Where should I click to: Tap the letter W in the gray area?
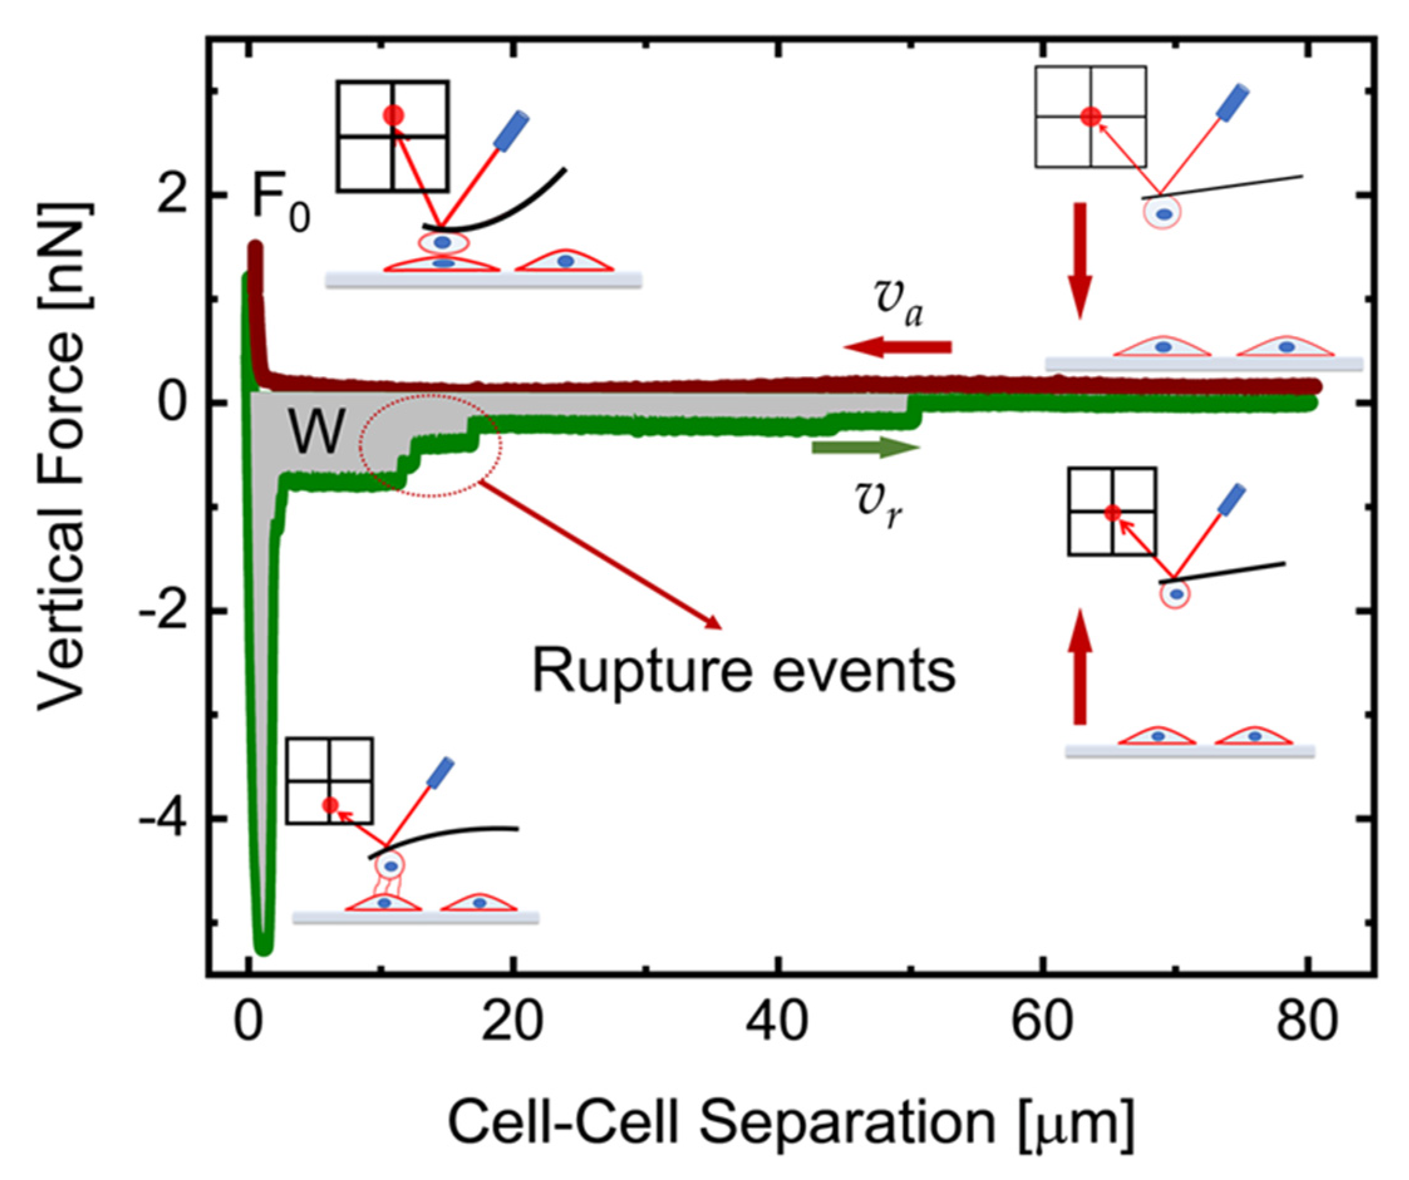[x=317, y=433]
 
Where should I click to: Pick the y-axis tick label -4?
[x=164, y=819]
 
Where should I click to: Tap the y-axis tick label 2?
[x=172, y=196]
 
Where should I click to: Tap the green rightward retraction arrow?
[x=866, y=448]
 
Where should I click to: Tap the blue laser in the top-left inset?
[x=511, y=131]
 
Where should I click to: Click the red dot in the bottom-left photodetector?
[x=330, y=804]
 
